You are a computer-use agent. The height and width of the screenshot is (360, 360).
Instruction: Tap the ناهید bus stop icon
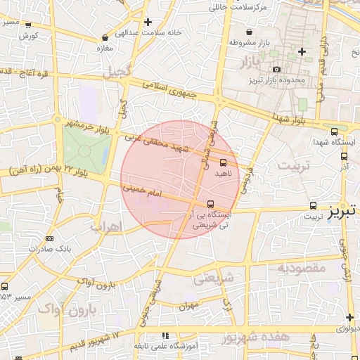pyautogui.click(x=224, y=163)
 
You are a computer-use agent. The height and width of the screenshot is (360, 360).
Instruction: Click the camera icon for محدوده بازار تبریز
pyautogui.click(x=276, y=70)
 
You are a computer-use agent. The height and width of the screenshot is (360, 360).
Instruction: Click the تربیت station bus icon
pyautogui.click(x=313, y=206)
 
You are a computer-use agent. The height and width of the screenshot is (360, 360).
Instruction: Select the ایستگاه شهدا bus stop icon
pyautogui.click(x=333, y=131)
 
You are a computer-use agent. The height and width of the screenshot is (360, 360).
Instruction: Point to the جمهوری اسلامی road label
pyautogui.click(x=172, y=88)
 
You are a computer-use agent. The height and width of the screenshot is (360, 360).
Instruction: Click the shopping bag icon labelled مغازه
pyautogui.click(x=105, y=37)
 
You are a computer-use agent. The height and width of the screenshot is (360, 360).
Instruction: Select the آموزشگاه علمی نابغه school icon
pyautogui.click(x=165, y=336)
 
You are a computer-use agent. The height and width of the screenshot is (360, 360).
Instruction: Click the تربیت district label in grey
pyautogui.click(x=294, y=166)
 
